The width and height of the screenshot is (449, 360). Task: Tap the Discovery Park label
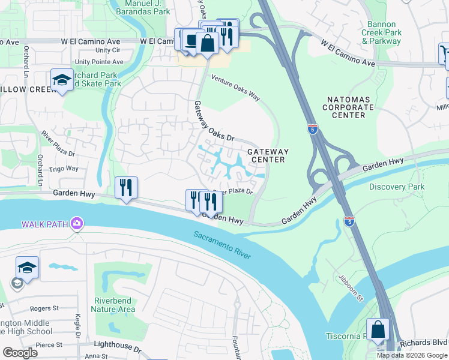tap(396, 187)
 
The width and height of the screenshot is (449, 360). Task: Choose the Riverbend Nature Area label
tap(113, 305)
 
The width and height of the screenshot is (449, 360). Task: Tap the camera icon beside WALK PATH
tap(76, 224)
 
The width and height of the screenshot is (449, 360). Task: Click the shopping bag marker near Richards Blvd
tap(378, 330)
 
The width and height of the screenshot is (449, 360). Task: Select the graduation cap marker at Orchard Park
tap(62, 80)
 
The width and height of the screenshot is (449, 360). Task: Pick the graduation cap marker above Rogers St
tap(27, 268)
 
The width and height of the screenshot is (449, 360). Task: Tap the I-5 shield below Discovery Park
tap(349, 221)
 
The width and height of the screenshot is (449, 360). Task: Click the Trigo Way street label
tap(63, 169)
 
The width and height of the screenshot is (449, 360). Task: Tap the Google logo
tap(20, 353)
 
